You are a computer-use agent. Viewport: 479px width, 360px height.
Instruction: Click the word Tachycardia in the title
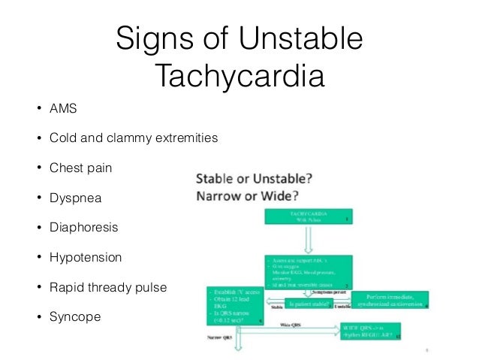[239, 76]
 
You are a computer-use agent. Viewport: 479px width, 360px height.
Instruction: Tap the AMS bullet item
[63, 108]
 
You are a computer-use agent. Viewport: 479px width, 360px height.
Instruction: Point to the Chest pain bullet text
[80, 168]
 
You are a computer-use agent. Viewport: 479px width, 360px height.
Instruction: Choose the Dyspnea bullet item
[74, 198]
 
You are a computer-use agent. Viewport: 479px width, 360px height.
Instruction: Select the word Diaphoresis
[84, 227]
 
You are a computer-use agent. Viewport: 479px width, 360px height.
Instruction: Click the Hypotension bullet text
[85, 257]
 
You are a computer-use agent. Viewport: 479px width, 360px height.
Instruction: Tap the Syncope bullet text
[74, 316]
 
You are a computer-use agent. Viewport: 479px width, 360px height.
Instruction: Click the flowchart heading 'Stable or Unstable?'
[255, 180]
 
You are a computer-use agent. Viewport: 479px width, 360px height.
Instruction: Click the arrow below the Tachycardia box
[308, 241]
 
